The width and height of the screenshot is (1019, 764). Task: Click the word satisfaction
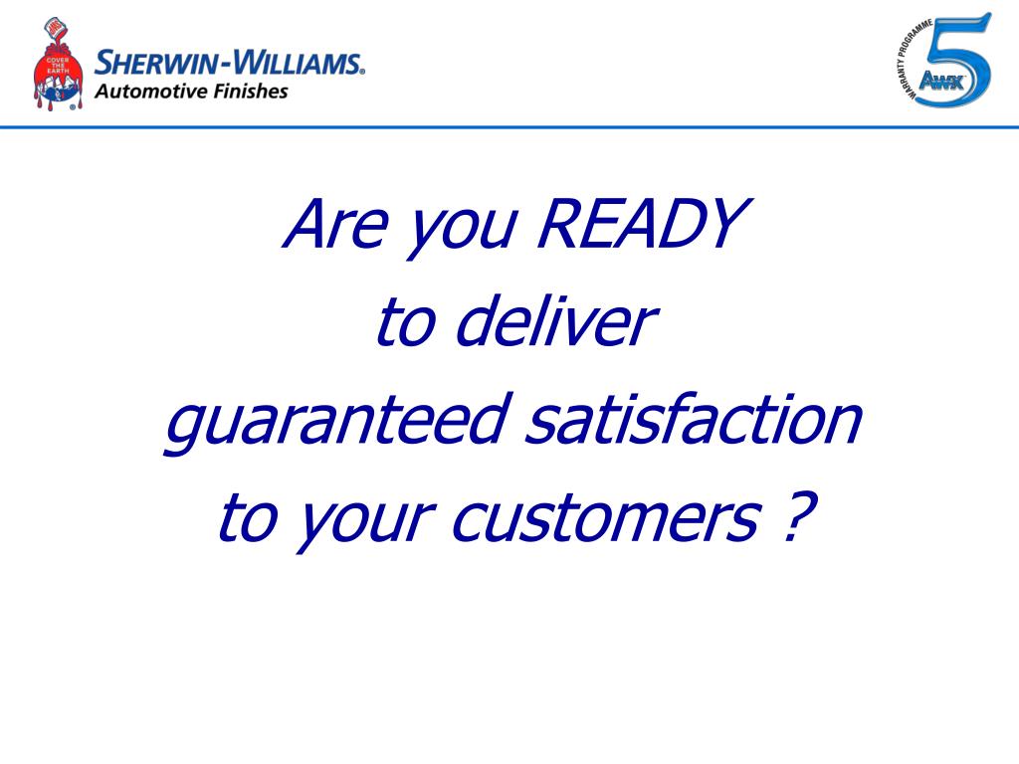[692, 420]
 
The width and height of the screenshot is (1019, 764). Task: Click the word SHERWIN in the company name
[156, 64]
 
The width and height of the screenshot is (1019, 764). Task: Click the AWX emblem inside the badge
[934, 83]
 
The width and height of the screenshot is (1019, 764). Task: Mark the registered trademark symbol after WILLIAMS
[362, 72]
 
